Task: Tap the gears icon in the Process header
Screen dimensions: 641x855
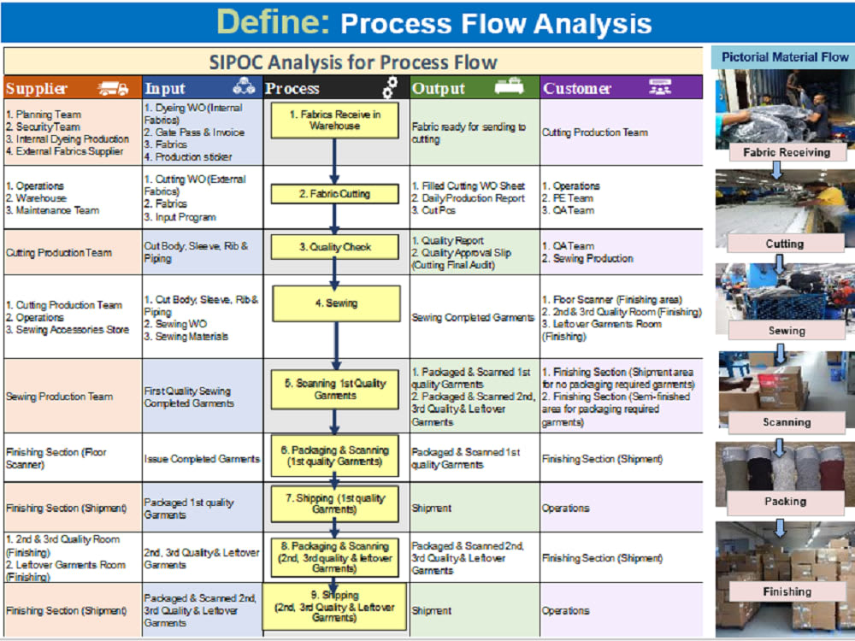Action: tap(389, 87)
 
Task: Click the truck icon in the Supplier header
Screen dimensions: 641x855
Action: tap(113, 87)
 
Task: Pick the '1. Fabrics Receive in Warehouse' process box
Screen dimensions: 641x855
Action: tap(335, 121)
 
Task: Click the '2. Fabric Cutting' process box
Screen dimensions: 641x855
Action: tap(335, 194)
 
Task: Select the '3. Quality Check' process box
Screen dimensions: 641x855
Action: tap(335, 248)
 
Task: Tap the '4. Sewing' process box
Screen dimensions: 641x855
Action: tap(335, 303)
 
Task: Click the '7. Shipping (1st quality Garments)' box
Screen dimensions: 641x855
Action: tap(335, 503)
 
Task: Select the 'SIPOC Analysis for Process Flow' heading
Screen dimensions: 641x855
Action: tap(353, 62)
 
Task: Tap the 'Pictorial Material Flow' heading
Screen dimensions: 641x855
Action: tap(785, 57)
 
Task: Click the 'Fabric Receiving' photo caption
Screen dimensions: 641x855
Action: tap(786, 152)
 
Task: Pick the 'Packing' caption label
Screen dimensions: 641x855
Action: tap(785, 502)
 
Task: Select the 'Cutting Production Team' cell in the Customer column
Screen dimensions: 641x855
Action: tap(594, 132)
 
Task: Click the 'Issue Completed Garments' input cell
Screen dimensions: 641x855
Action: tap(202, 459)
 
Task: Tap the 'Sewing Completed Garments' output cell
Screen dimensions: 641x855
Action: tap(473, 317)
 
